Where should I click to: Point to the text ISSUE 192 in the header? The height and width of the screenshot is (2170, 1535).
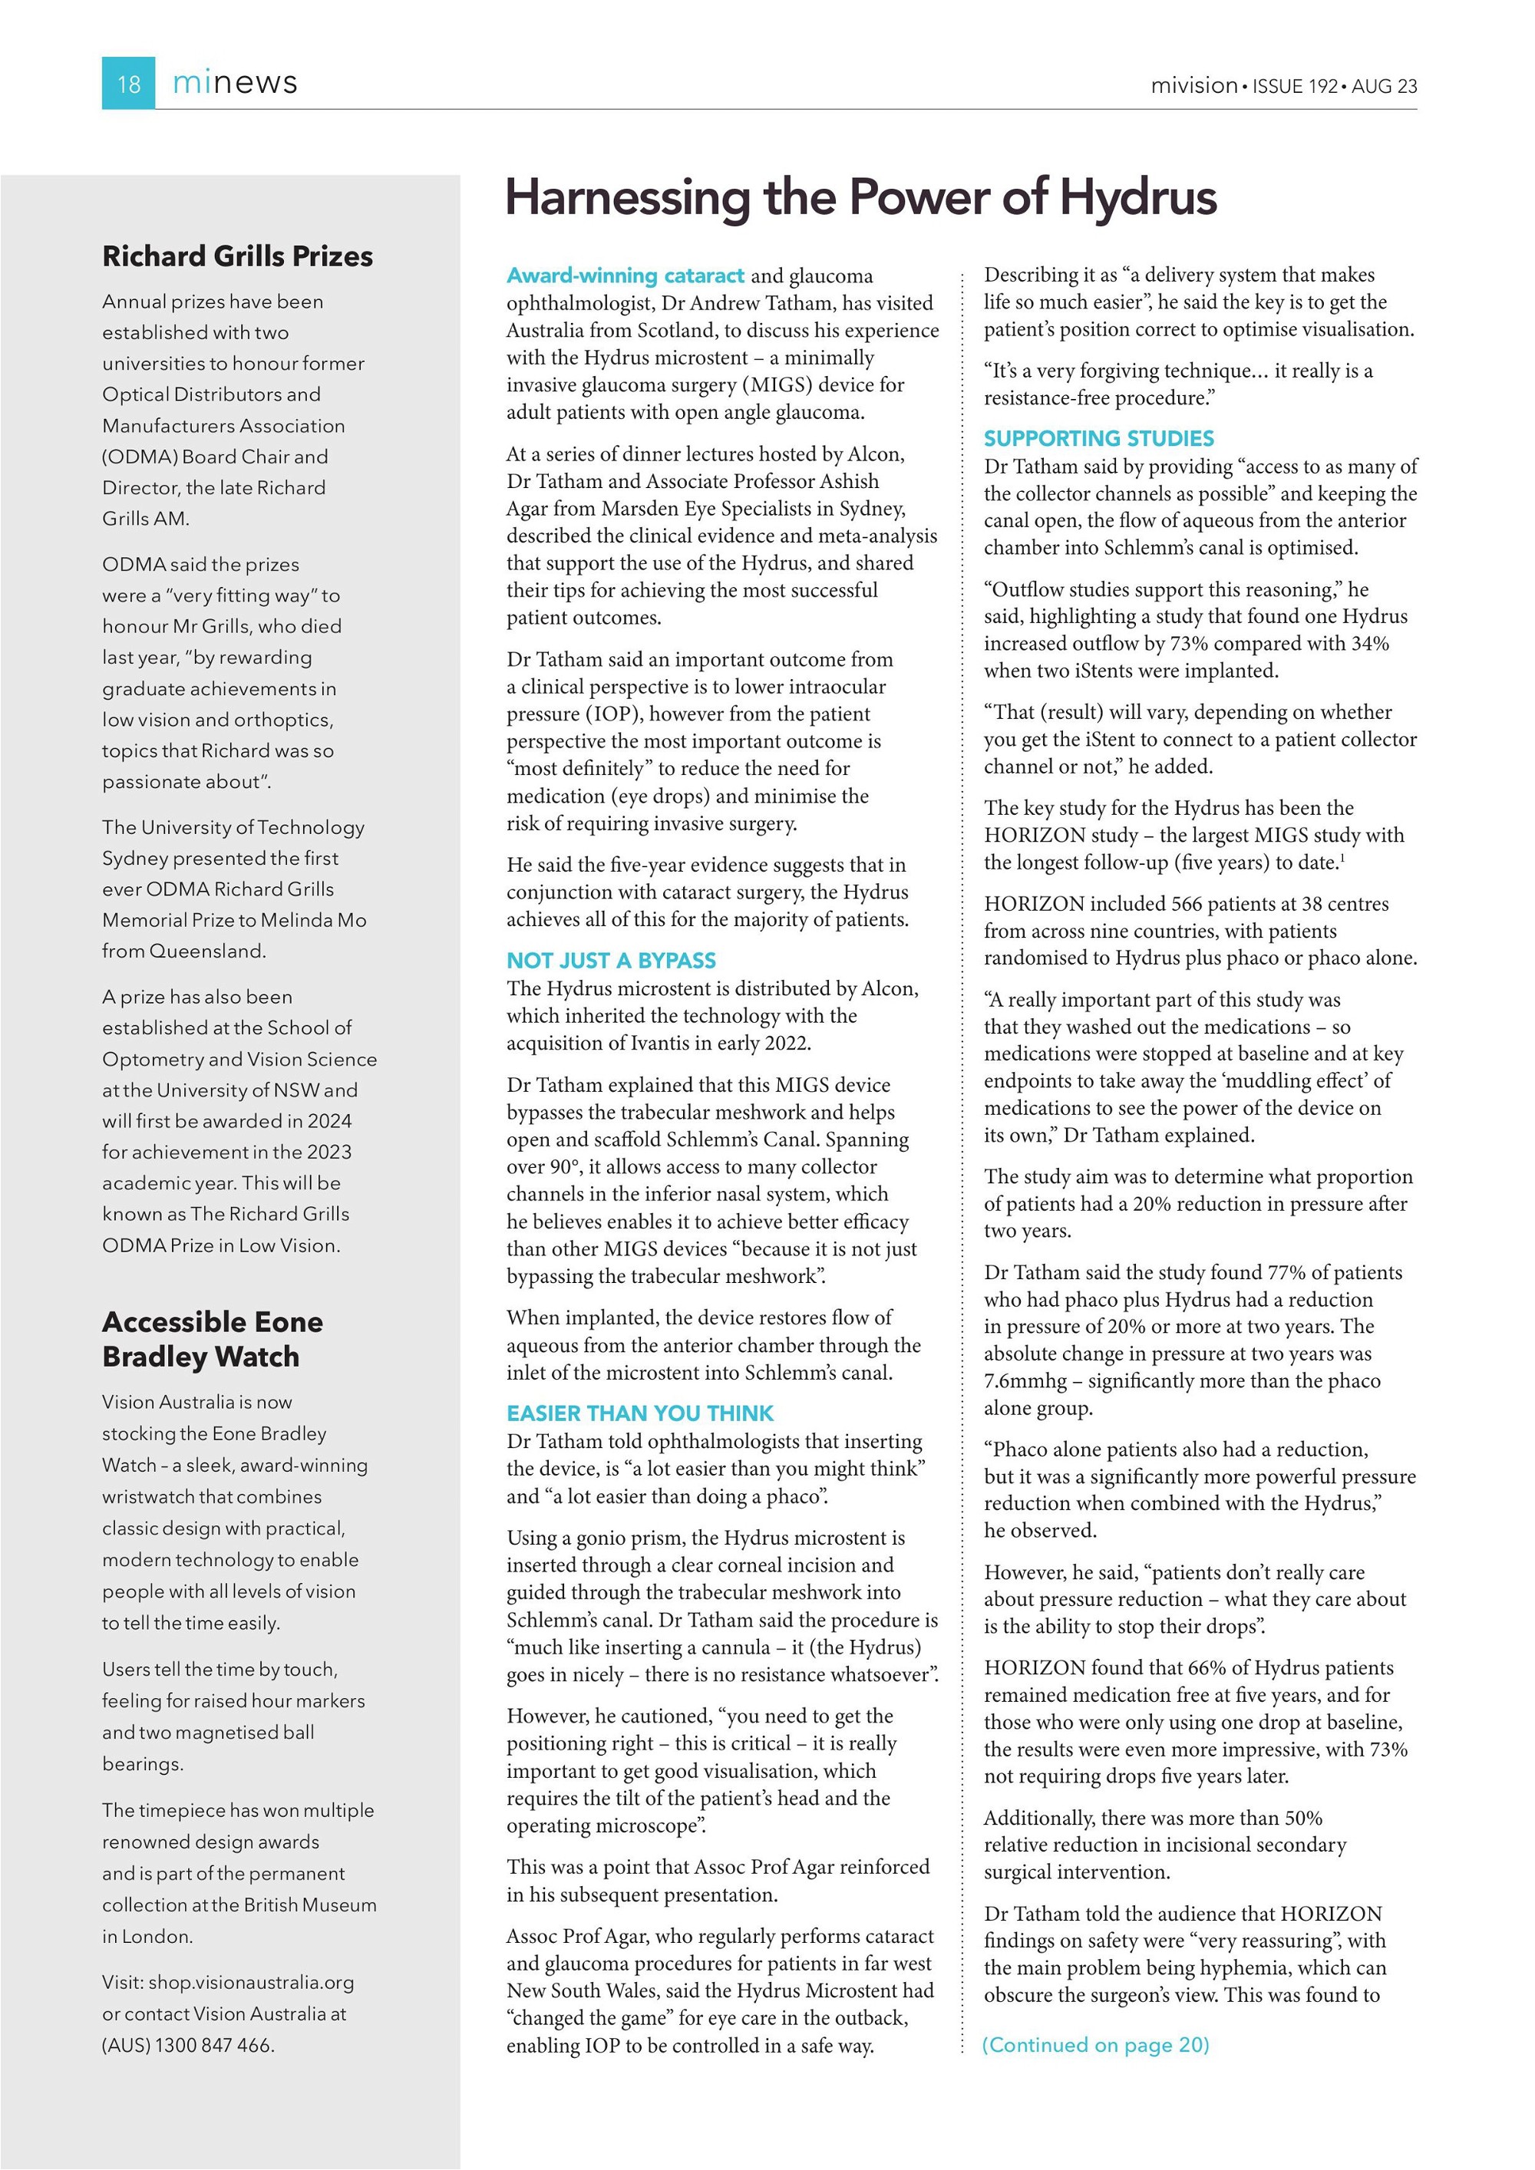tap(1295, 86)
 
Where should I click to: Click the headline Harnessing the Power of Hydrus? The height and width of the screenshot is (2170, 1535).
tap(861, 197)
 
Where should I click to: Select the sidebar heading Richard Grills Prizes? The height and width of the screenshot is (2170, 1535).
tap(237, 256)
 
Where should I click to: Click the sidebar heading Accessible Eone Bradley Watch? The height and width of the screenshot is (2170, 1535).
tap(213, 1338)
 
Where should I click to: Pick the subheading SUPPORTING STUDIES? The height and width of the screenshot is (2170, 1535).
tap(1098, 439)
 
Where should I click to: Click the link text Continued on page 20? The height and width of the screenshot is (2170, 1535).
tap(1095, 2045)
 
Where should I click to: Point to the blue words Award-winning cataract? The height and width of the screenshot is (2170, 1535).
tap(625, 276)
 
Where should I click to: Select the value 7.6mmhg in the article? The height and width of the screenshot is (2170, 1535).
tap(1025, 1381)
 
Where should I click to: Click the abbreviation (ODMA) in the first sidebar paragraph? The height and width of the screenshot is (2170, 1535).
tap(139, 457)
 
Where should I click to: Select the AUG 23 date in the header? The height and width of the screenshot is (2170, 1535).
tap(1384, 86)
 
